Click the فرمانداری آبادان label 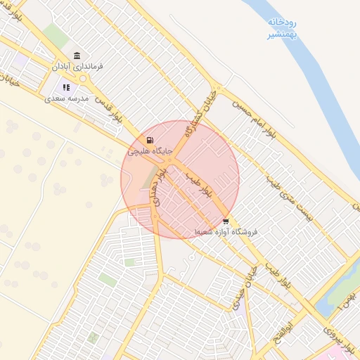point(77,66)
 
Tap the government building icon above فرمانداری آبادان point(76,56)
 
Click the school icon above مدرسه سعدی point(66,88)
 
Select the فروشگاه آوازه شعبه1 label point(226,231)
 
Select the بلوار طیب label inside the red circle point(198,183)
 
